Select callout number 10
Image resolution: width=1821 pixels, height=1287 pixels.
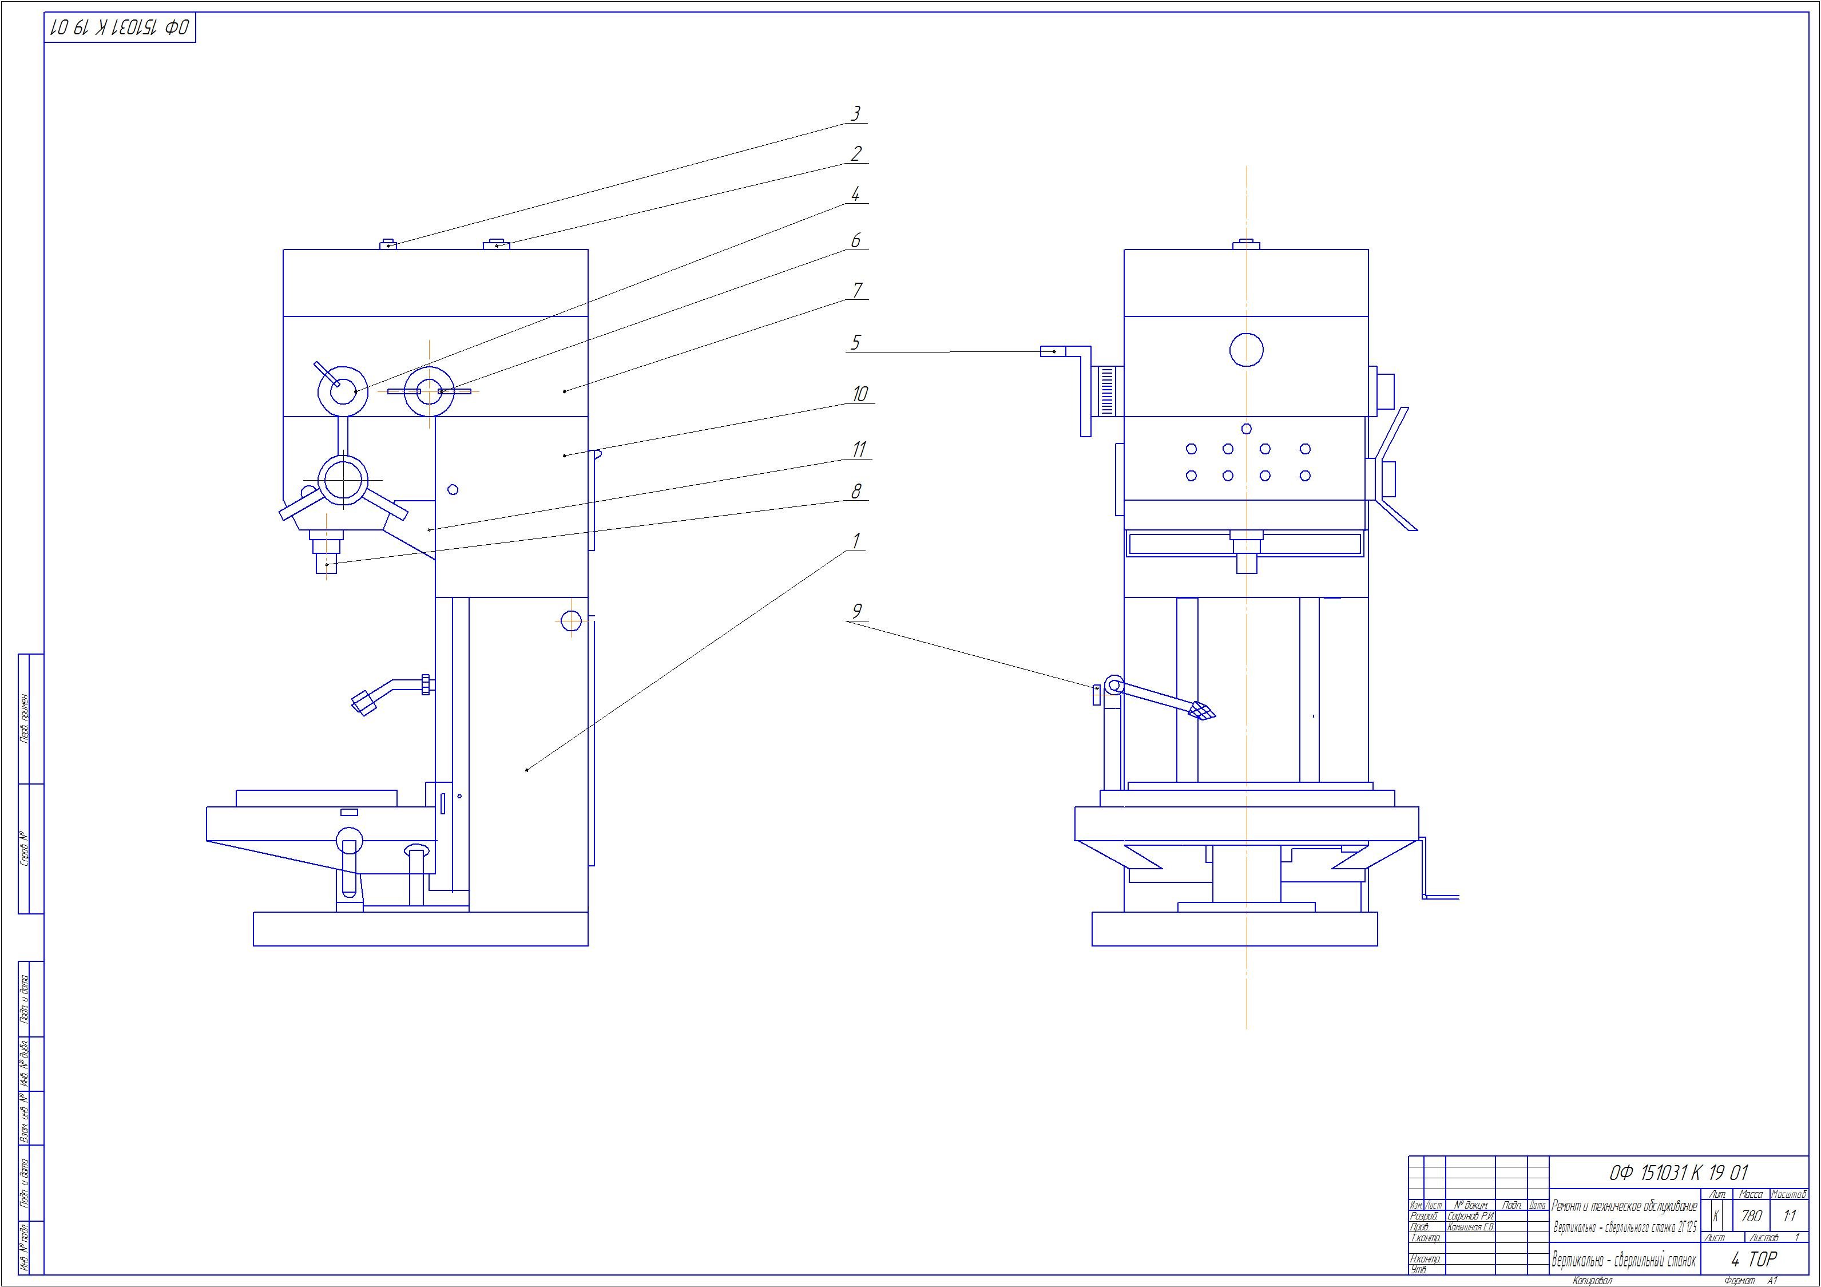[860, 394]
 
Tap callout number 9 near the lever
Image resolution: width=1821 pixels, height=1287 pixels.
[856, 611]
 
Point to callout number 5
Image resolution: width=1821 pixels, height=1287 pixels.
[855, 342]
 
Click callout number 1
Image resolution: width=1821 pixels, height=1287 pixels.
[856, 541]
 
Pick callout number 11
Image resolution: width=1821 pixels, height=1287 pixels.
[859, 449]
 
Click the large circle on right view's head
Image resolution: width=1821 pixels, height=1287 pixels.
[1246, 350]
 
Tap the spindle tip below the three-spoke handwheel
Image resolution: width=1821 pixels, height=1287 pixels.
[327, 564]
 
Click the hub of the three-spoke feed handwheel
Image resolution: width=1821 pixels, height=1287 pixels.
[343, 480]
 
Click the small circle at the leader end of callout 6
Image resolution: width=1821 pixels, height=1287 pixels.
[429, 391]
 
